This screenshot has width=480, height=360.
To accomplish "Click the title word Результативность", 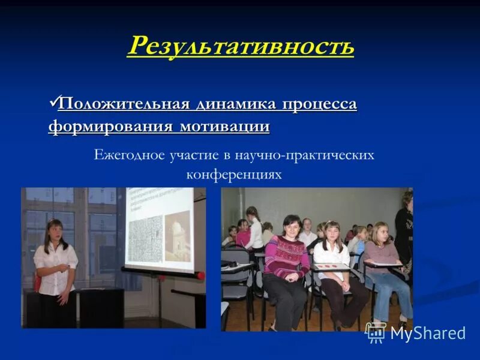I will pos(240,46).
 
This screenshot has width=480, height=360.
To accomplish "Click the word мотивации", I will pos(223,127).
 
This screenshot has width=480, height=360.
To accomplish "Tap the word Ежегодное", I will pos(127,155).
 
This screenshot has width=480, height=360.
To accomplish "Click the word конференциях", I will pos(233,175).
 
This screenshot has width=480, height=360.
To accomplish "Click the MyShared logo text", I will pos(428,334).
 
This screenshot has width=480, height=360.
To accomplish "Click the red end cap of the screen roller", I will pos(200,276).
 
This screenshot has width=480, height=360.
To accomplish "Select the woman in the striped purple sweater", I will pos(286,258).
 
